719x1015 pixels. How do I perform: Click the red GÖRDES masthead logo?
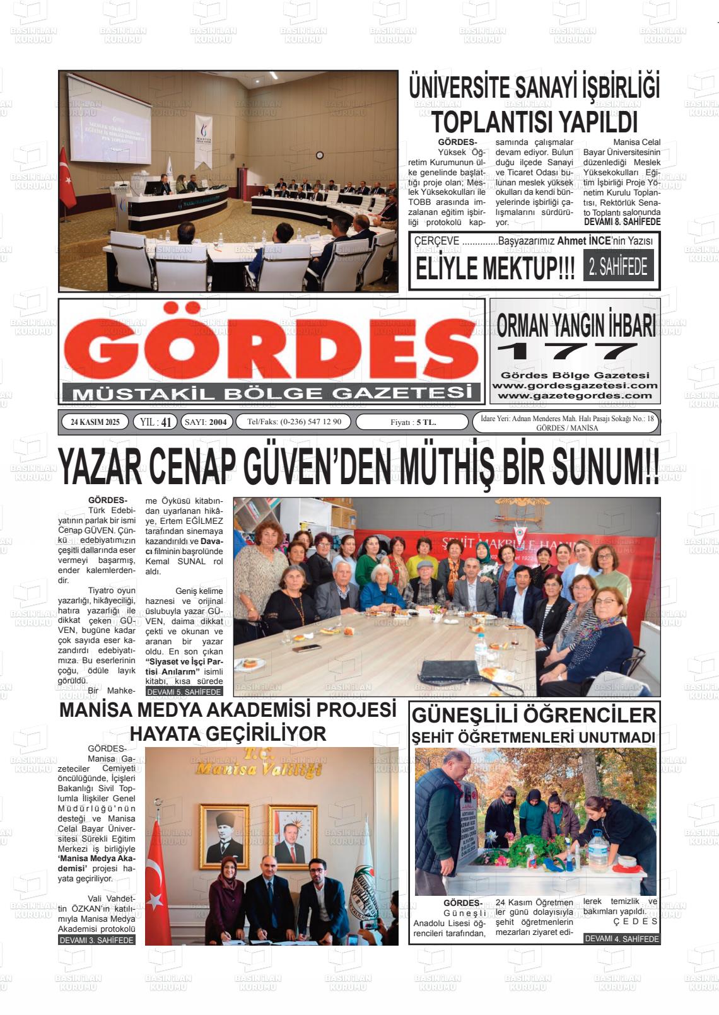point(271,345)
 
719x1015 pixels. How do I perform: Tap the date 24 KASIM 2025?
point(95,422)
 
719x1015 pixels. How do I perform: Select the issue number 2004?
point(218,422)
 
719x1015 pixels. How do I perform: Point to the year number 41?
point(166,422)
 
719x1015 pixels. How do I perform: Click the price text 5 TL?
point(426,422)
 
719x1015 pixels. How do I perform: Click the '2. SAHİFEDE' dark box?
point(618,268)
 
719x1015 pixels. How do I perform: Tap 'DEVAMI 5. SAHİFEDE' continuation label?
point(184,692)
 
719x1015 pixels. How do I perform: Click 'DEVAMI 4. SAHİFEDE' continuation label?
point(621,939)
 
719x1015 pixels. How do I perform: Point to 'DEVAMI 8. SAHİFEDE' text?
point(622,222)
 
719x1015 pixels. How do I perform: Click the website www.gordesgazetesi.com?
point(575,385)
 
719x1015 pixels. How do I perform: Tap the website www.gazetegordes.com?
point(575,395)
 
